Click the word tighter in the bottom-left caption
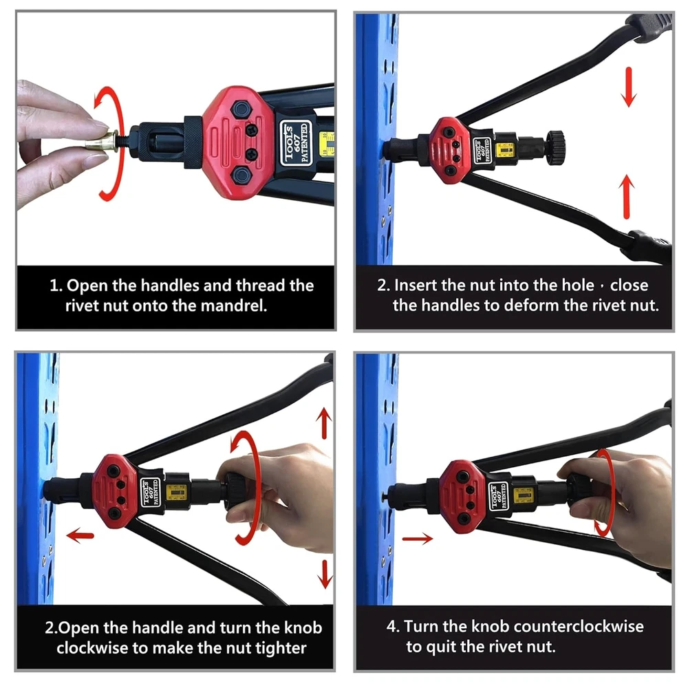click(281, 648)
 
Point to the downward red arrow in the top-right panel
click(630, 87)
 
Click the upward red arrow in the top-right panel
click(627, 197)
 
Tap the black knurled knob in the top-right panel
click(555, 147)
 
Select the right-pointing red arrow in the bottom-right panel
click(418, 539)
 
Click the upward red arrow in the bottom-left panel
click(324, 423)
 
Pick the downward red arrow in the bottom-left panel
click(325, 574)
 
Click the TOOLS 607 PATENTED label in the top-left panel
click(296, 142)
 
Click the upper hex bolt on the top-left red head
click(240, 109)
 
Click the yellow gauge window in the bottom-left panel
click(178, 493)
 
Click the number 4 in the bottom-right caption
click(391, 627)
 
